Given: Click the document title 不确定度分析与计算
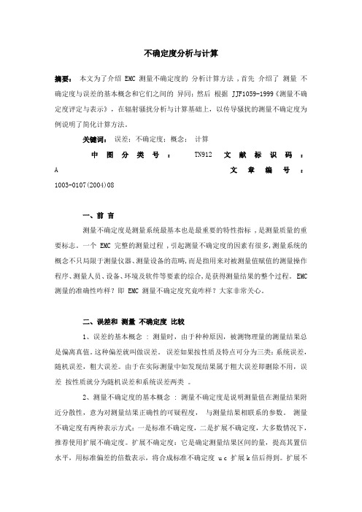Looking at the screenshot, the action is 180,53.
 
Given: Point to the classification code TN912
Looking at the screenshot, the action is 201,134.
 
